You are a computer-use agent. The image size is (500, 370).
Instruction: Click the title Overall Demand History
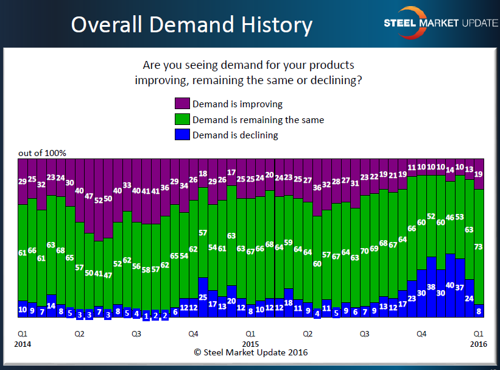point(191,25)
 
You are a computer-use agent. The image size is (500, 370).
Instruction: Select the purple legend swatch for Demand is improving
point(182,104)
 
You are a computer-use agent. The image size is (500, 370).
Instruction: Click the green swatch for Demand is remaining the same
point(182,119)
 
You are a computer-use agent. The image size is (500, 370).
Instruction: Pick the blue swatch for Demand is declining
point(182,135)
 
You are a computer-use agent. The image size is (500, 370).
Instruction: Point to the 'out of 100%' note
point(42,152)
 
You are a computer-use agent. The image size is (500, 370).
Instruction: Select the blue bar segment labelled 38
point(431,287)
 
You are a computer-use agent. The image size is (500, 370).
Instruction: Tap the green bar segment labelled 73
point(479,246)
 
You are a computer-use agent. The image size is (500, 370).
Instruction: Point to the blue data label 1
point(146,316)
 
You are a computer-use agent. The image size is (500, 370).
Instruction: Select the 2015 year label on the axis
point(250,344)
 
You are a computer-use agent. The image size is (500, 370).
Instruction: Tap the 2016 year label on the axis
point(479,344)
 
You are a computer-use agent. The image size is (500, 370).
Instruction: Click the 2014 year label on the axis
point(23,344)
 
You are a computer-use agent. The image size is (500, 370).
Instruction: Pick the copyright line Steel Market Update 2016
point(250,352)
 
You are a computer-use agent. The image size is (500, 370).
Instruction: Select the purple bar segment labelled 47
point(89,196)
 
